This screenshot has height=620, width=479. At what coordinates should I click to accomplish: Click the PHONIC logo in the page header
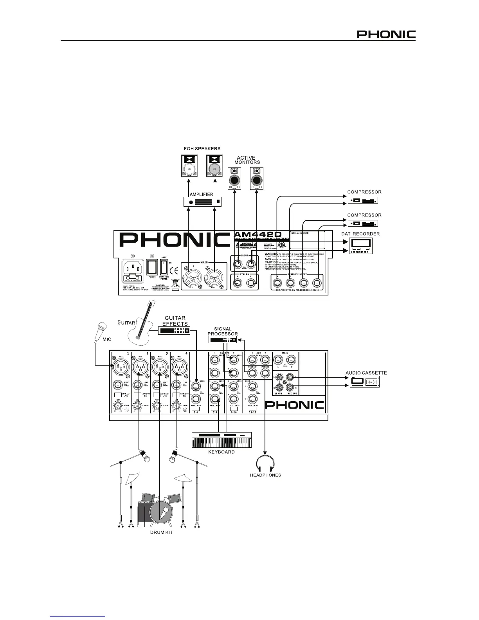pyautogui.click(x=386, y=34)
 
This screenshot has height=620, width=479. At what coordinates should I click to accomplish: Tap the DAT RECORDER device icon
pyautogui.click(x=360, y=245)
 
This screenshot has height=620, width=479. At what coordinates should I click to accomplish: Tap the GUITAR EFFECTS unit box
pyautogui.click(x=175, y=331)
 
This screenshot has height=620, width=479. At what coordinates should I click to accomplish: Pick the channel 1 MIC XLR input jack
pyautogui.click(x=120, y=367)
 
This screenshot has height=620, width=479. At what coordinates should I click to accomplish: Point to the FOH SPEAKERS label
pyautogui.click(x=202, y=149)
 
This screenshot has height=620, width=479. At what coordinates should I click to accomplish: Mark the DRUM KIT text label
pyautogui.click(x=162, y=533)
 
